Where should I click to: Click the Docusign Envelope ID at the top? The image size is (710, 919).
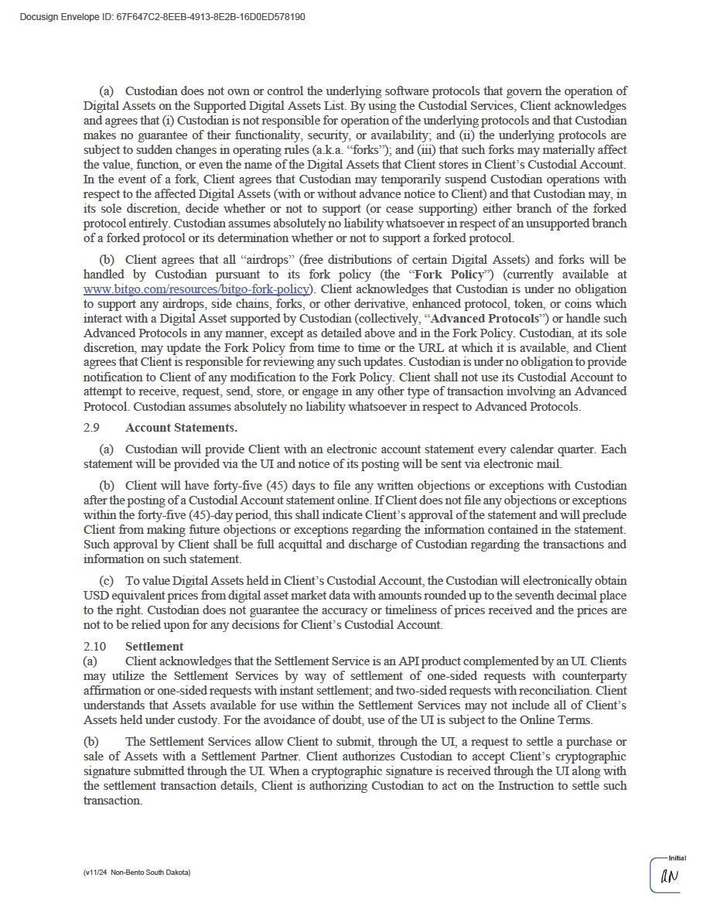tap(162, 16)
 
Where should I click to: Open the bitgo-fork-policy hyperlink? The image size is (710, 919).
tap(196, 289)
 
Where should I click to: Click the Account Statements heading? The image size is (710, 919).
tap(181, 427)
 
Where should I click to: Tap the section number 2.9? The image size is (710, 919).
tap(92, 427)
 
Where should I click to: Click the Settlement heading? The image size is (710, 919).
tap(154, 646)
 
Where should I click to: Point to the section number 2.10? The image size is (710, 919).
tap(94, 646)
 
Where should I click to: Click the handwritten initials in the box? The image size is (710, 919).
tap(668, 877)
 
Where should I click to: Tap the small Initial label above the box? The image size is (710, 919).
tap(677, 858)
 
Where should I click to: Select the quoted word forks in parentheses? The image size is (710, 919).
tap(371, 150)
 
